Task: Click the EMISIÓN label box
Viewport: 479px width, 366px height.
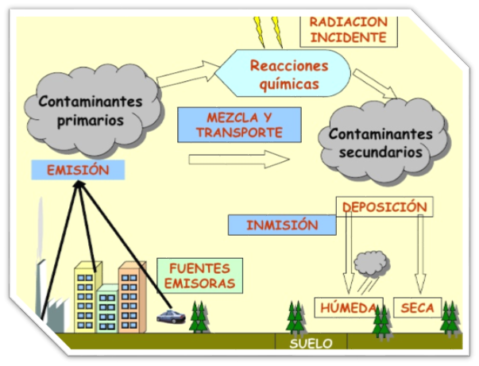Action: [x=77, y=170]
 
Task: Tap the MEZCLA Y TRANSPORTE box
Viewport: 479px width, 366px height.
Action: [x=229, y=125]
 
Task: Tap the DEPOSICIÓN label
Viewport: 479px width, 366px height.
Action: [x=384, y=207]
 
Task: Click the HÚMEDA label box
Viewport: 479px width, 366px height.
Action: [x=347, y=307]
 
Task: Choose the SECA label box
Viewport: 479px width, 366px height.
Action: [x=417, y=307]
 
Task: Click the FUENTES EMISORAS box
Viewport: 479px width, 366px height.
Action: [x=196, y=275]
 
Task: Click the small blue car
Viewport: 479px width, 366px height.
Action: [x=170, y=318]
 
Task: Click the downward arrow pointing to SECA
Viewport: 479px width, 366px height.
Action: [x=420, y=254]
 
